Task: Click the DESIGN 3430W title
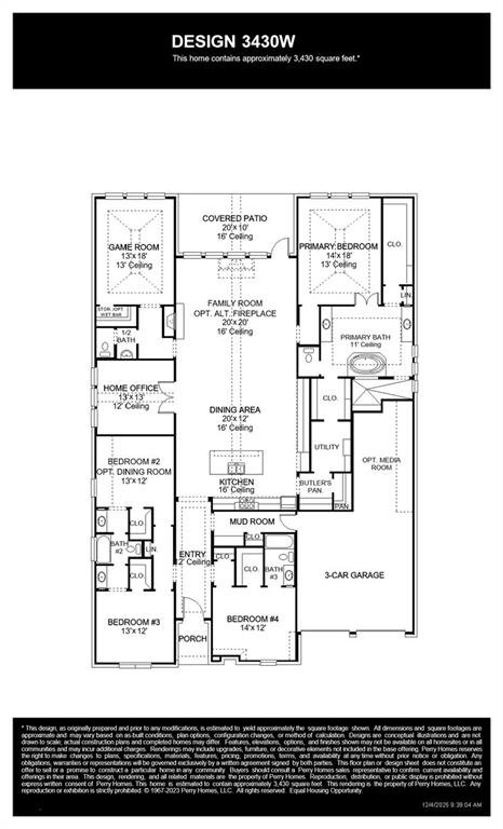point(233,41)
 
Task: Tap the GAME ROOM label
point(134,247)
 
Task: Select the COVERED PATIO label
point(235,218)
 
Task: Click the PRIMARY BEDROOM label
point(338,246)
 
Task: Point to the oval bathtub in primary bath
point(365,364)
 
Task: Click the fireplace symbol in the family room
point(170,321)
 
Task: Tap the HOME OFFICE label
point(130,388)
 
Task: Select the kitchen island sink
point(236,468)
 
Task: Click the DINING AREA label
point(235,410)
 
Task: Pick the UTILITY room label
point(327,447)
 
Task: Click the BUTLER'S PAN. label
point(316,486)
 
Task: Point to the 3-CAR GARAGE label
point(354,575)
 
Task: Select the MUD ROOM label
point(252,522)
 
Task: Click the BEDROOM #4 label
point(253,619)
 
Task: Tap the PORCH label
point(193,639)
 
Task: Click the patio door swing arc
point(281,248)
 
